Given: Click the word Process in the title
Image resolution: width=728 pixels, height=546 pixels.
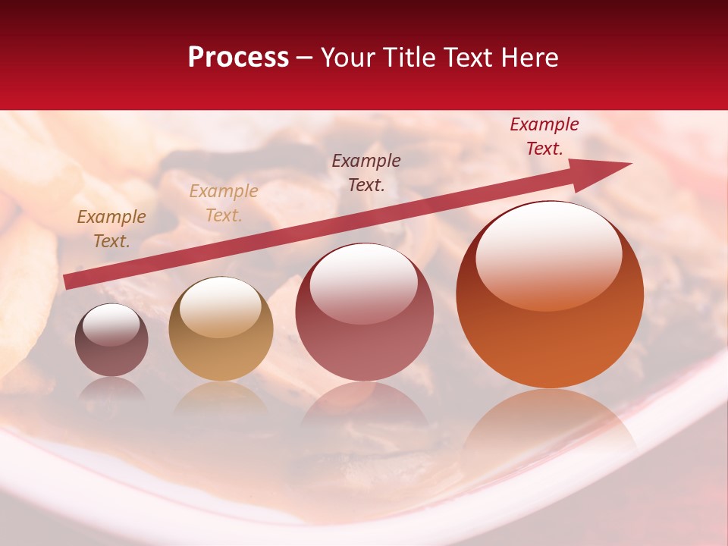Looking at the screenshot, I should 238,58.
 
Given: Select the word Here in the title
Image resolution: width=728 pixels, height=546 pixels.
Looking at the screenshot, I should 528,58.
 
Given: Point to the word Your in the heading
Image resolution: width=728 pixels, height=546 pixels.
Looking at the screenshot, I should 349,58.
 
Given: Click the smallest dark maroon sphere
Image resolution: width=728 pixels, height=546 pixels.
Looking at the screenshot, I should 111,340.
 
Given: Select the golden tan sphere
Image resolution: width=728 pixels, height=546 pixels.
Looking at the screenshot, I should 221,329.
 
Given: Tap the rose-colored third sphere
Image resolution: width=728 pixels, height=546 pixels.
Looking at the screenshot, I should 364,312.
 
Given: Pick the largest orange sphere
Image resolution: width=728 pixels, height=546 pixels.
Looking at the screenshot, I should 550,295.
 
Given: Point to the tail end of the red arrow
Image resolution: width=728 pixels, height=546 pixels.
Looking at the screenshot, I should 67,281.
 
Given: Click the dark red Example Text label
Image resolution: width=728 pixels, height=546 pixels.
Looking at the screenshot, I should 544,136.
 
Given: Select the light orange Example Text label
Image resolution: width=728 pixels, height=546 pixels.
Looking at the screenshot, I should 223,203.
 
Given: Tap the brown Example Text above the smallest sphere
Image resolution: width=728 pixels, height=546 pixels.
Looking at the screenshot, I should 111,229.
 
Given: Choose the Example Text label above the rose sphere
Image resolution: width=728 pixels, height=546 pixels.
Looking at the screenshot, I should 366,173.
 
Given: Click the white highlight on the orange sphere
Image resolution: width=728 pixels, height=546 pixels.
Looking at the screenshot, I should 548,255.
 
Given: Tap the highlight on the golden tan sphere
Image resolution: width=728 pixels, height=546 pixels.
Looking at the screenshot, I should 220,306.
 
